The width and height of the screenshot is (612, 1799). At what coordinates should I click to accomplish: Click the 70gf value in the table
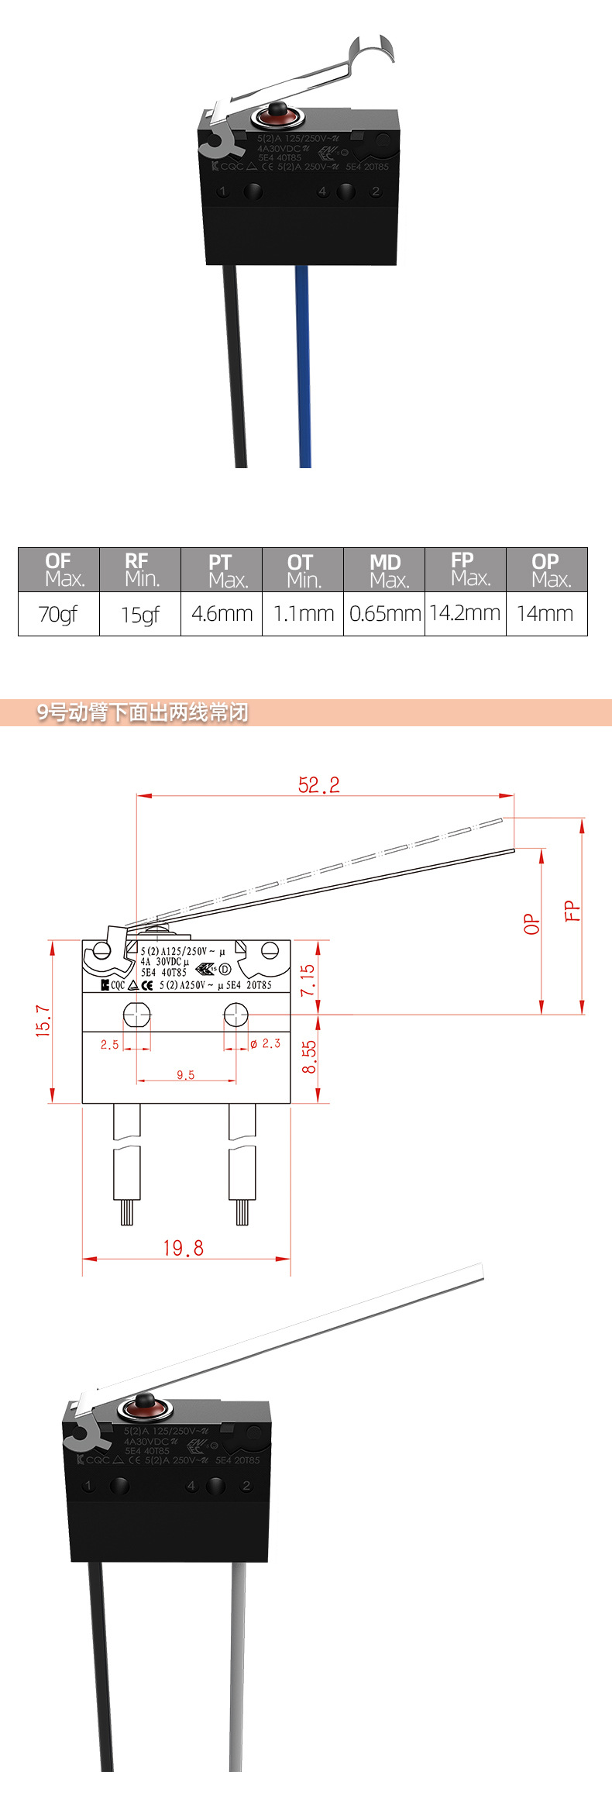pyautogui.click(x=58, y=614)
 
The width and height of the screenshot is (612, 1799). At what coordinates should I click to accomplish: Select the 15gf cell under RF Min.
pyautogui.click(x=139, y=615)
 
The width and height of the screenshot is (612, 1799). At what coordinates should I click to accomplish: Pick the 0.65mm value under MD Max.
pyautogui.click(x=384, y=614)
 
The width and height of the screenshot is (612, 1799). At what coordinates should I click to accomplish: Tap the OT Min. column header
pyautogui.click(x=303, y=570)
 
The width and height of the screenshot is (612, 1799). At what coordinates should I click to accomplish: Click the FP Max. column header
pyautogui.click(x=466, y=569)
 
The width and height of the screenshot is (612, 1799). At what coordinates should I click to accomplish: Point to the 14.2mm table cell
pyautogui.click(x=465, y=613)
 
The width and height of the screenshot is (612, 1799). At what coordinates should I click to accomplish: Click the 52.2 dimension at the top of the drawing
pyautogui.click(x=318, y=785)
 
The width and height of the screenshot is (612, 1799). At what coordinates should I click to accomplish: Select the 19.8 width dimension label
pyautogui.click(x=184, y=1248)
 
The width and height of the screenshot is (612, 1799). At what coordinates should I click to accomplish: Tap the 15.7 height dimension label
pyautogui.click(x=43, y=1022)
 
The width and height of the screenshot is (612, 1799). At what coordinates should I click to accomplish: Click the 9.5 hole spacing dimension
pyautogui.click(x=186, y=1075)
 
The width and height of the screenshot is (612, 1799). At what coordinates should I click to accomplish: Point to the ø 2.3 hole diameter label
pyautogui.click(x=265, y=1044)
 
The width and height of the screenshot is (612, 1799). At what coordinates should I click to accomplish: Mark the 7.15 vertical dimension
pyautogui.click(x=308, y=980)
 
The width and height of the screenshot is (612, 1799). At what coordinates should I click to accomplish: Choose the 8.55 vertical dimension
pyautogui.click(x=309, y=1056)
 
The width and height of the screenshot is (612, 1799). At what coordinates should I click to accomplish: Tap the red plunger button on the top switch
pyautogui.click(x=276, y=115)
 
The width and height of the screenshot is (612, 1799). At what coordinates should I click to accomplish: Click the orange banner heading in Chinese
pyautogui.click(x=143, y=712)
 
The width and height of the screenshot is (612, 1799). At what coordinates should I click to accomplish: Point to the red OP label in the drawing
pyautogui.click(x=531, y=924)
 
